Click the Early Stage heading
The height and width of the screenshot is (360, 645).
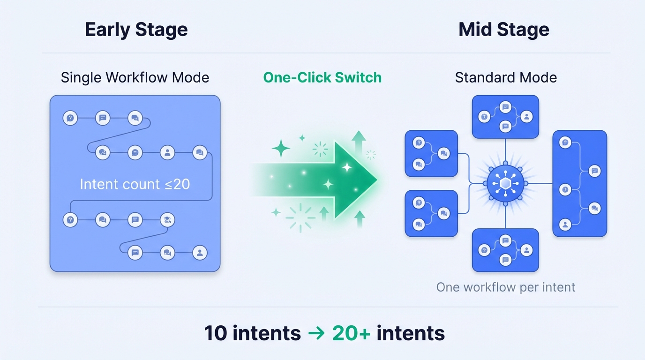[x=136, y=30]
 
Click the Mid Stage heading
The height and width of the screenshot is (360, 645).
[x=504, y=30]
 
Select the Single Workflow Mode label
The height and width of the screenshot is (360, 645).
[x=135, y=77]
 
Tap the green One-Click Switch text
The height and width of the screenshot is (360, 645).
[x=322, y=77]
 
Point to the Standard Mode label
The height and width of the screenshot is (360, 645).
[x=506, y=77]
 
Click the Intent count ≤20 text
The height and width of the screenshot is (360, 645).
[x=135, y=184]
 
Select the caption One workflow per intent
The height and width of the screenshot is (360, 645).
[x=506, y=287]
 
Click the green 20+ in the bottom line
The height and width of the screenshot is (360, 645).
[x=351, y=333]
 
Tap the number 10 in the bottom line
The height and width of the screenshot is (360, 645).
[x=216, y=333]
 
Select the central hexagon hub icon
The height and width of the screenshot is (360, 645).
[x=505, y=183]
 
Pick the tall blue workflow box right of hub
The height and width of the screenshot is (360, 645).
[x=580, y=183]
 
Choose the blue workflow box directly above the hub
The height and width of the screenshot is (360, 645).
[x=505, y=117]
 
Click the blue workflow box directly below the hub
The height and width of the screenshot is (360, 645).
[x=505, y=250]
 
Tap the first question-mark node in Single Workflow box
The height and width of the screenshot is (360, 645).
[x=70, y=118]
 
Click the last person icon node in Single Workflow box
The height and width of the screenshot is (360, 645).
[x=200, y=253]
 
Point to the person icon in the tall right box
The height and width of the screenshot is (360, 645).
[x=565, y=225]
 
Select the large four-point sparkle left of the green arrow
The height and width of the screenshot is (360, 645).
[x=281, y=148]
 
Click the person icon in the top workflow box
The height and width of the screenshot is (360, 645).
[x=526, y=117]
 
